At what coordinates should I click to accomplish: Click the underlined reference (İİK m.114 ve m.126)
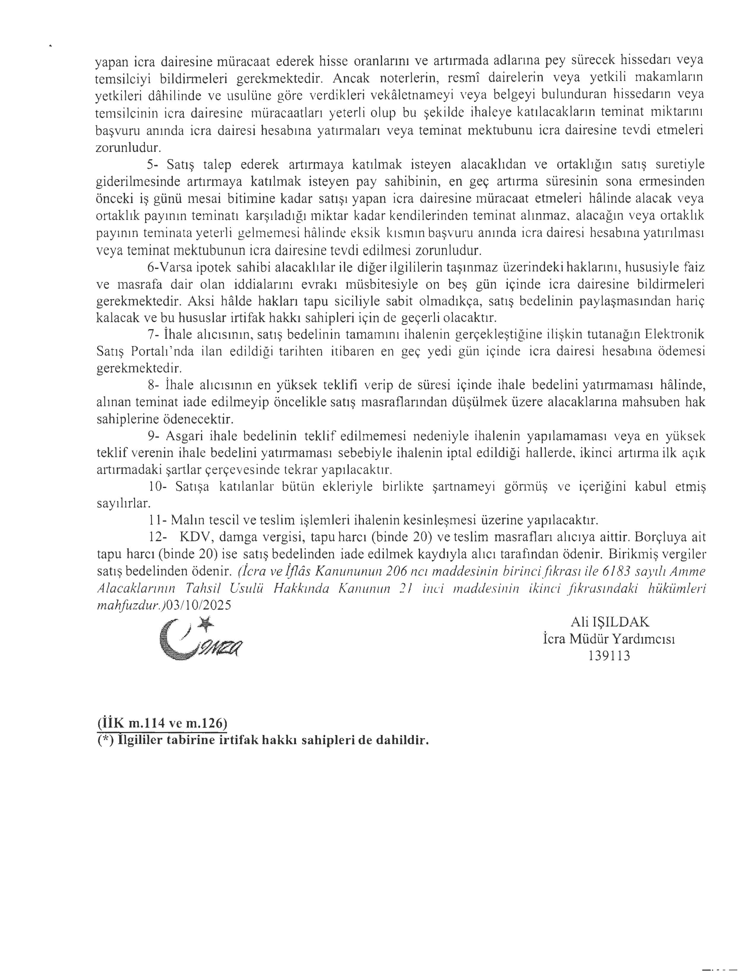click(x=162, y=723)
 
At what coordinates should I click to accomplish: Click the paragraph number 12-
click(x=156, y=537)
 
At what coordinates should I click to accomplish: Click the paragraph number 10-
click(x=156, y=486)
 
